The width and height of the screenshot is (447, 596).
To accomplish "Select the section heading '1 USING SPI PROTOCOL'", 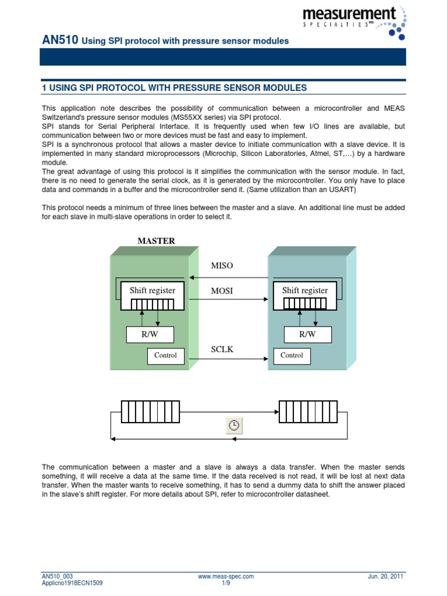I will point(174,87).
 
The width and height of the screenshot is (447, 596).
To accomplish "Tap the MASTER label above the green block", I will point(156,241).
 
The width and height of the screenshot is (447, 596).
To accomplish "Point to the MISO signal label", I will point(222,265).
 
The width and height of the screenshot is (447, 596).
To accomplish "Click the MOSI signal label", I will point(222,290).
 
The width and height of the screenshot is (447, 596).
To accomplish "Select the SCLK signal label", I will point(221,349).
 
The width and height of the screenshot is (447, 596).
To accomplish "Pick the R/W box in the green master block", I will point(150,334).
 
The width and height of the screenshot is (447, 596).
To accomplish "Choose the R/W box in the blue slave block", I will point(307,334).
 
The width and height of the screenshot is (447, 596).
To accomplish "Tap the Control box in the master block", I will point(165,356).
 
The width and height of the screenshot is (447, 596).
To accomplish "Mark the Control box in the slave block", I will point(292,356).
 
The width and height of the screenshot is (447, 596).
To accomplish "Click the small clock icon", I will point(233,425).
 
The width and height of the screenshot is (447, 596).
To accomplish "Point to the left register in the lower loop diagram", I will point(151,411).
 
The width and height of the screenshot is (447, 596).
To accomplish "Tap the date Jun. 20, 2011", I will point(386,576).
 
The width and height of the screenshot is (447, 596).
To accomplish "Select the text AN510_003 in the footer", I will point(58,576).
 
